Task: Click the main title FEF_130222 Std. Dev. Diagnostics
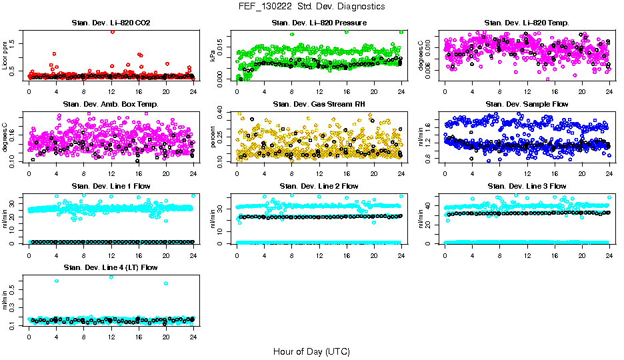click(311, 6)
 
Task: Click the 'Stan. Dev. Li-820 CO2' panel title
click(111, 23)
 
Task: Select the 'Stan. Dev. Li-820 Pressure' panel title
click(319, 23)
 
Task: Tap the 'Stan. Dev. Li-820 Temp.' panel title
click(527, 23)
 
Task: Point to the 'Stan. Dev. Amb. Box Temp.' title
click(111, 105)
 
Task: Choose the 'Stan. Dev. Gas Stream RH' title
click(319, 105)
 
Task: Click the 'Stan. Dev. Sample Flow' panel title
click(527, 105)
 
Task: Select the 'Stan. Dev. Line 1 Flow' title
click(111, 186)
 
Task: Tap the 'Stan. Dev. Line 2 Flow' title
click(319, 186)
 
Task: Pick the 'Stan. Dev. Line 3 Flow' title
click(527, 186)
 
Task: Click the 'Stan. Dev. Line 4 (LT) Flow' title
click(111, 267)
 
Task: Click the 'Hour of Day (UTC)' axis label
click(311, 351)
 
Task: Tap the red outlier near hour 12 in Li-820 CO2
click(112, 31)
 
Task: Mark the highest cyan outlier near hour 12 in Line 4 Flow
click(111, 277)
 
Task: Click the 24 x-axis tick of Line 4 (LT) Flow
click(193, 337)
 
